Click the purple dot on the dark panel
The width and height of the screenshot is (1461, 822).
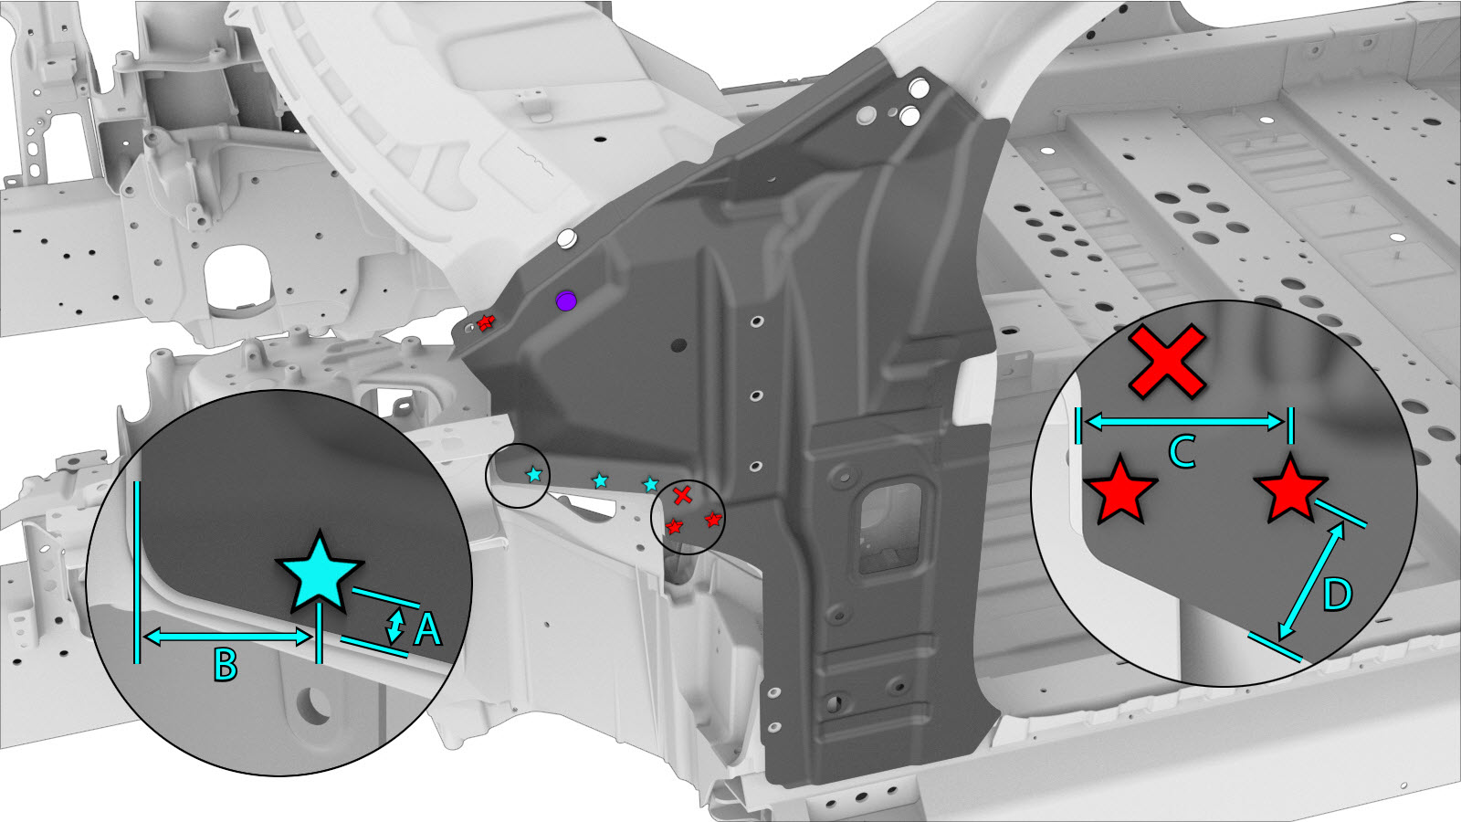[x=566, y=300]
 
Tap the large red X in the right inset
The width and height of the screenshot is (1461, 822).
[x=1167, y=362]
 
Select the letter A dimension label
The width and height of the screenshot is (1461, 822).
[x=427, y=630]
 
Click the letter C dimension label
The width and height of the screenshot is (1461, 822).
[x=1182, y=451]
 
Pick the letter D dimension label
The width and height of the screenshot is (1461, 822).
[x=1337, y=595]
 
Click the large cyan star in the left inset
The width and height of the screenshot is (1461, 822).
[x=319, y=573]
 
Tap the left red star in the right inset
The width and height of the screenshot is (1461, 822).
[x=1119, y=490]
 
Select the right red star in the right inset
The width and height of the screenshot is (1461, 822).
[x=1291, y=490]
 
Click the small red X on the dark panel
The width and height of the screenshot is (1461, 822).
[x=682, y=495]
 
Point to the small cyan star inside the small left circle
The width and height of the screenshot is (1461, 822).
[x=534, y=474]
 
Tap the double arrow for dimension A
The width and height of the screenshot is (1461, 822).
[x=394, y=627]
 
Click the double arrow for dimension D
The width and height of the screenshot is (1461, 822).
[x=1312, y=581]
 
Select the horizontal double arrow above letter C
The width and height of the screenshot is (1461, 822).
[x=1184, y=422]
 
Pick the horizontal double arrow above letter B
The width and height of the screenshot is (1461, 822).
[x=226, y=638]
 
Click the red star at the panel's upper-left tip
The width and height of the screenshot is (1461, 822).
[x=486, y=322]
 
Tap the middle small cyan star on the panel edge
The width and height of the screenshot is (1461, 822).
[x=600, y=480]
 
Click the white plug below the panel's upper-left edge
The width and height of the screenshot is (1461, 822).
[x=566, y=238]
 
